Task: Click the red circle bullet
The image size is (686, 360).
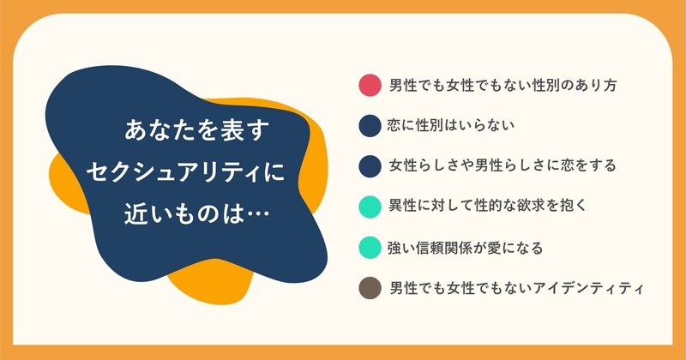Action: (x=370, y=85)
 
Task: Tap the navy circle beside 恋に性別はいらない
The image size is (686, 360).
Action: (x=370, y=126)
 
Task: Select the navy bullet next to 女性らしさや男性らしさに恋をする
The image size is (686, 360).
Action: (x=370, y=166)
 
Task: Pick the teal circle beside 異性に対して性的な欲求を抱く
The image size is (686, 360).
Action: (x=370, y=207)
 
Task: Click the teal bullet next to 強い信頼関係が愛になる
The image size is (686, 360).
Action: (x=370, y=248)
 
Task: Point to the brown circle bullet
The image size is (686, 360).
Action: (x=370, y=288)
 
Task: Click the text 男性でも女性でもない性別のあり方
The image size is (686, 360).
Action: (x=503, y=85)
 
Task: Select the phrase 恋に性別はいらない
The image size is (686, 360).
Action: (x=450, y=126)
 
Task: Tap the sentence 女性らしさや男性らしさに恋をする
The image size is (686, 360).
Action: (x=502, y=165)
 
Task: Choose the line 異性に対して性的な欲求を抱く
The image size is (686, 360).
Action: (x=487, y=206)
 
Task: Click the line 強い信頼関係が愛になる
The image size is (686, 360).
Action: (x=465, y=248)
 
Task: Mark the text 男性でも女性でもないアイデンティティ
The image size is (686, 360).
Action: (x=516, y=288)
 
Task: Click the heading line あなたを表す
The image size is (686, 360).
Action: (x=196, y=131)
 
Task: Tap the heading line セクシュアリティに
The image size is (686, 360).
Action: (x=185, y=172)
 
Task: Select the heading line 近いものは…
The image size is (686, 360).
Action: (x=196, y=214)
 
